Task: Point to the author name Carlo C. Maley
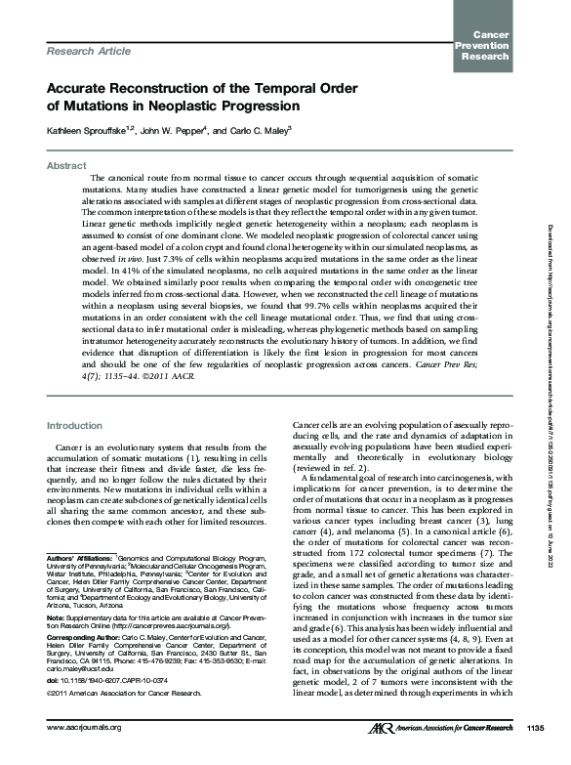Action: point(272,130)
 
